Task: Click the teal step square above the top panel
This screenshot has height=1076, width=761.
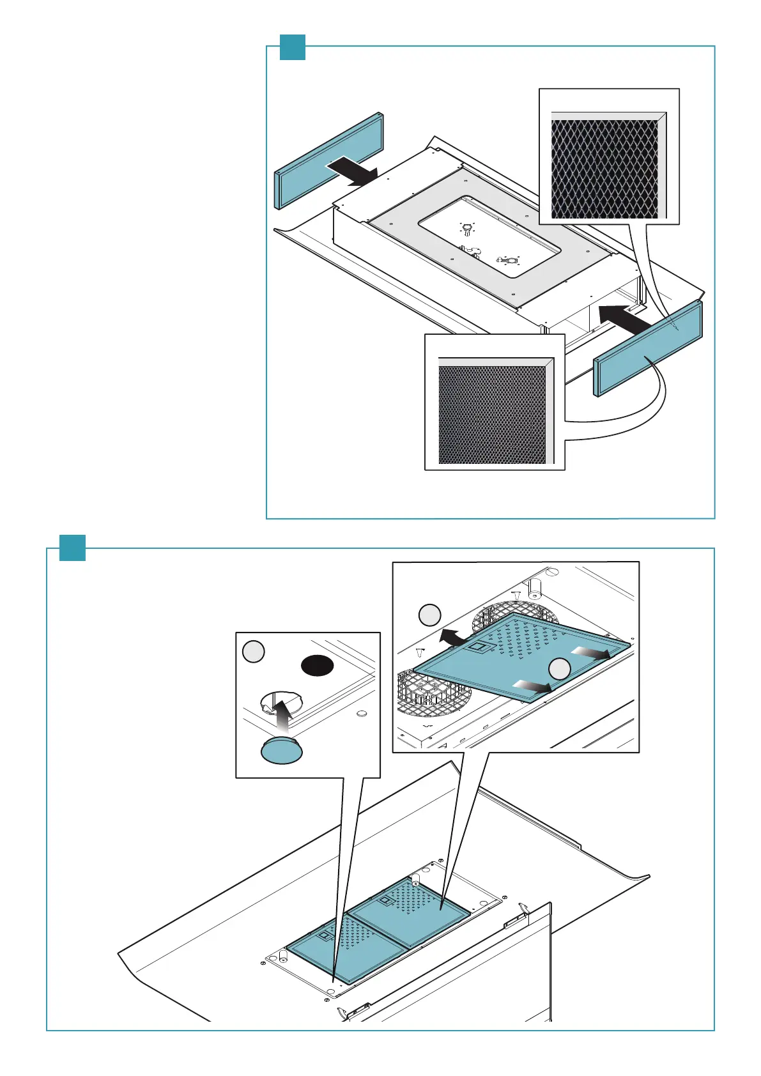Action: click(x=293, y=47)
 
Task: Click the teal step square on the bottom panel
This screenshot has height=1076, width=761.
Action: click(x=72, y=548)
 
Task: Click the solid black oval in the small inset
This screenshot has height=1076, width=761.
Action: click(x=318, y=665)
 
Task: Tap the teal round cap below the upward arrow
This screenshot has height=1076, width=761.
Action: click(x=282, y=749)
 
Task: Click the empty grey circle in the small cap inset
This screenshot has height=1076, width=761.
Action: click(x=254, y=652)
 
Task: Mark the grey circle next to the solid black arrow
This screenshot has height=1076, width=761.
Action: click(x=429, y=615)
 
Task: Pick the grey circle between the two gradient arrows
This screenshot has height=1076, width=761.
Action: click(x=559, y=668)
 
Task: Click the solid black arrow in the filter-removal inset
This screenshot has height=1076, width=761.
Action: click(x=453, y=636)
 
